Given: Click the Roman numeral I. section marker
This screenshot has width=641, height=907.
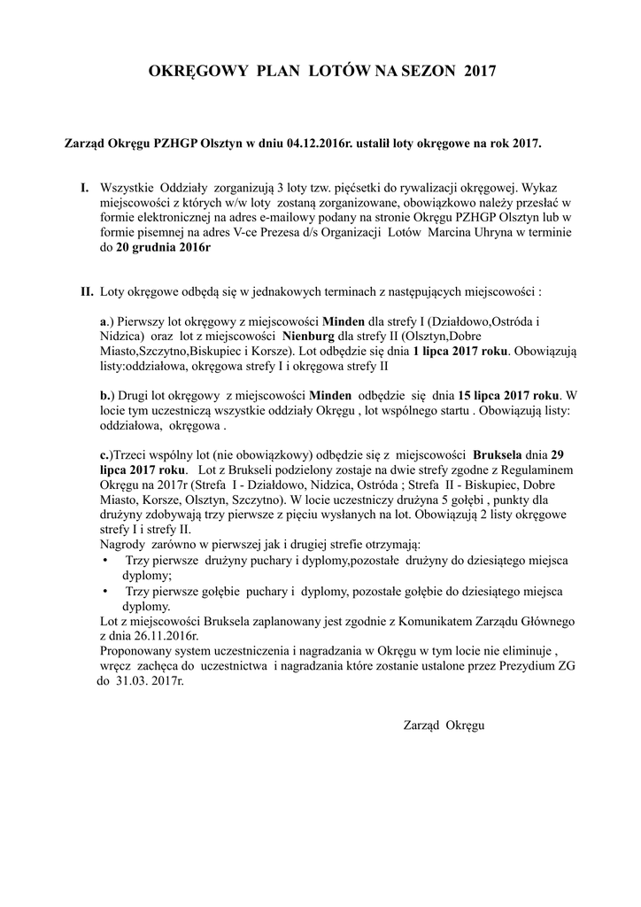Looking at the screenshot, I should (85, 188).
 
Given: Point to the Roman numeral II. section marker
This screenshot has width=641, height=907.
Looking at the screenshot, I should (87, 291).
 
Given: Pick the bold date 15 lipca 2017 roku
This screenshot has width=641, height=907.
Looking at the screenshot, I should (508, 394).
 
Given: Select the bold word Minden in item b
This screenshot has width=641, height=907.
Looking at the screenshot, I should (329, 394).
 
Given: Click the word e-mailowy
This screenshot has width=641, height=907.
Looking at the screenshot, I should (297, 218).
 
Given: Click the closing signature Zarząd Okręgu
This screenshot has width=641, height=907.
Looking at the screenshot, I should (444, 725).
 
